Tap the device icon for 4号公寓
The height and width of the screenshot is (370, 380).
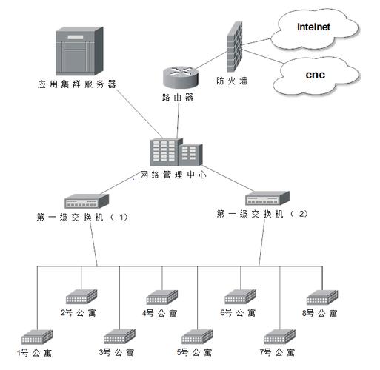(161, 297)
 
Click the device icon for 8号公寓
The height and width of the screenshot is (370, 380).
(322, 297)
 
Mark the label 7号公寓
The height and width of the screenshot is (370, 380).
(279, 352)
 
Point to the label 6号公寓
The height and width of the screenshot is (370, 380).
(237, 314)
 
